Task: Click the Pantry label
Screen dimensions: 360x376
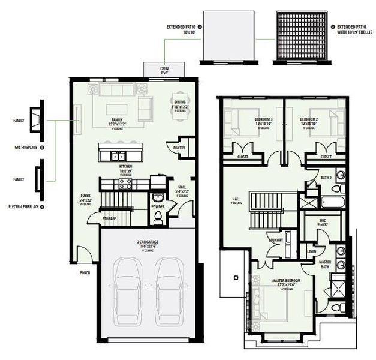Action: click(179, 147)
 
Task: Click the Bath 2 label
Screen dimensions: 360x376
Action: click(326, 178)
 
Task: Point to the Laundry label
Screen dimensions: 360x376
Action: click(276, 240)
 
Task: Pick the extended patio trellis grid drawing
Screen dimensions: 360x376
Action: click(299, 35)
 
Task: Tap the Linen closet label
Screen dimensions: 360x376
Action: click(312, 251)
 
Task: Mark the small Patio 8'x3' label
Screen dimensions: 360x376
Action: click(164, 70)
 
